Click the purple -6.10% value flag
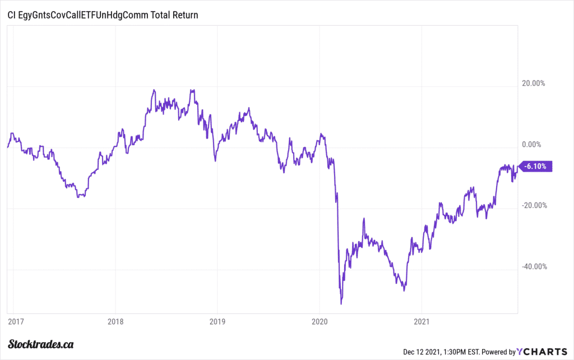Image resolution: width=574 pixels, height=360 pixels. coord(537,166)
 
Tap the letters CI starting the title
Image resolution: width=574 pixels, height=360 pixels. coord(11,15)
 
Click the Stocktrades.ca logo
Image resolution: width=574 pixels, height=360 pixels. coord(42,344)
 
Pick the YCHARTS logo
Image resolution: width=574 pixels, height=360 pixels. coord(542,352)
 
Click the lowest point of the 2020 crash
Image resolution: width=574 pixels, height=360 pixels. coord(341,304)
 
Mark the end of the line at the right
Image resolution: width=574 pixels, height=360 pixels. coord(516,167)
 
